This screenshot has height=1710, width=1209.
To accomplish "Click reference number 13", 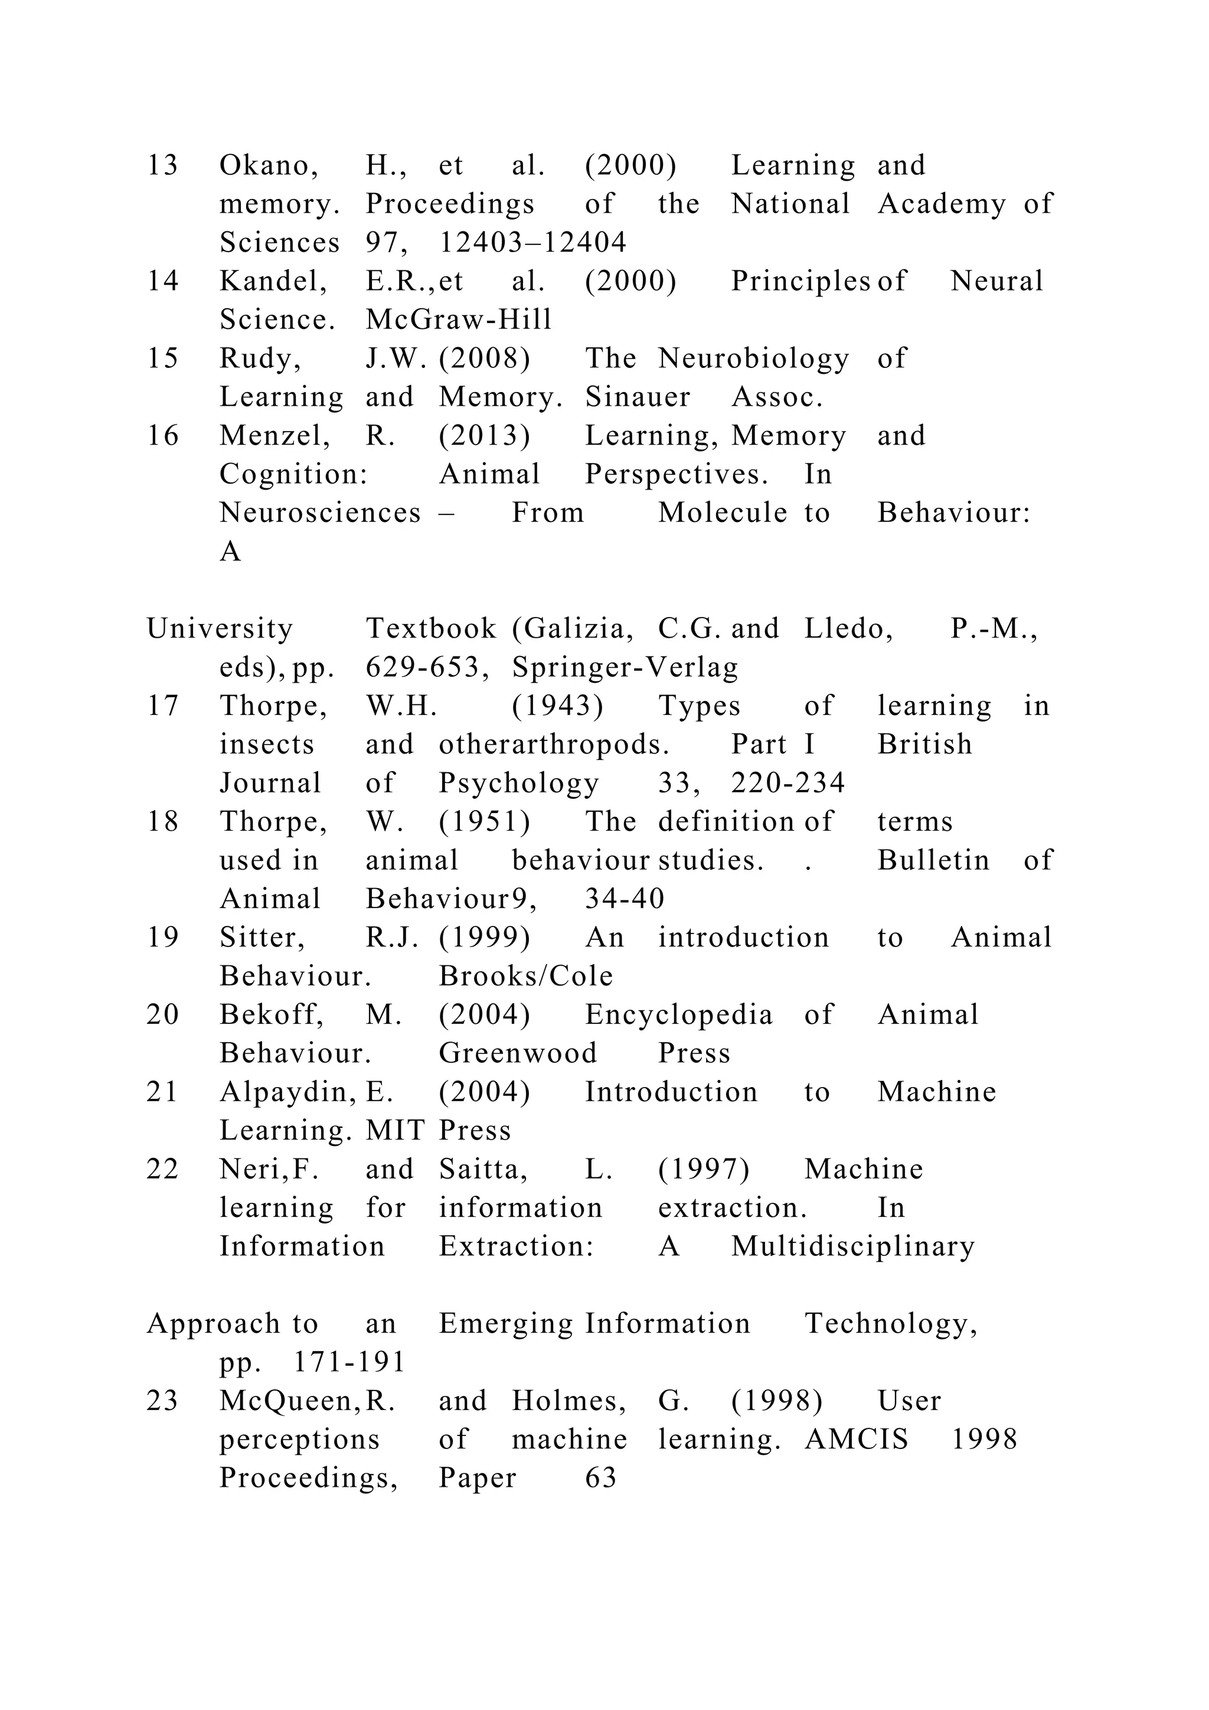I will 162,165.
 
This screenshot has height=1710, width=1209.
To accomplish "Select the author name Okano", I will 268,165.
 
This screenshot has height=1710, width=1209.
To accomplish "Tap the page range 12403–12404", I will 532,243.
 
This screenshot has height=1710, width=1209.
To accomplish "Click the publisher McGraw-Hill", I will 459,320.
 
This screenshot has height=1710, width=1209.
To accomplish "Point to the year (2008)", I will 485,359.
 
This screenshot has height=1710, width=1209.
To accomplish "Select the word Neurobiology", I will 753,359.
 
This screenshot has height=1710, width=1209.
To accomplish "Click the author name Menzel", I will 275,436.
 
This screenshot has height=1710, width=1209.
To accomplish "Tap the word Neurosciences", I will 320,513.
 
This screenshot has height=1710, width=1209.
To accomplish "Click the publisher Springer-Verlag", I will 625,667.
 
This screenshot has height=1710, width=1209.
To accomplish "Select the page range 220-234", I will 788,784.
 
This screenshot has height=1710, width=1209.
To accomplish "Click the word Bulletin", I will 933,861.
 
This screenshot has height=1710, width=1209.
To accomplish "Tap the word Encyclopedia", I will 679,1015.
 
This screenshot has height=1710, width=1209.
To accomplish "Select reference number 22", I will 162,1169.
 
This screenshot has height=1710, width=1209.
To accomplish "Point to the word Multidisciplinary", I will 853,1246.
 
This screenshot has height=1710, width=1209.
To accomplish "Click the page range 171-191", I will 349,1363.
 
